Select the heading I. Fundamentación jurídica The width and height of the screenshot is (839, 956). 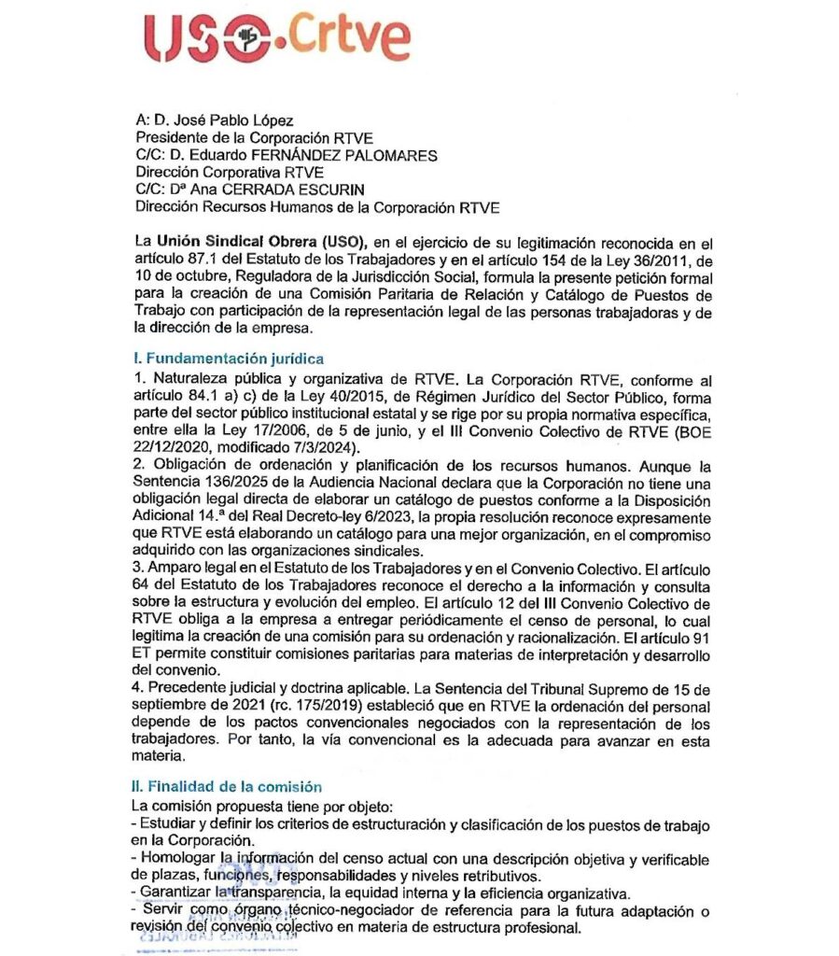click(x=230, y=358)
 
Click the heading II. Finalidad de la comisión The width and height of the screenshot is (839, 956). click(x=229, y=787)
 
